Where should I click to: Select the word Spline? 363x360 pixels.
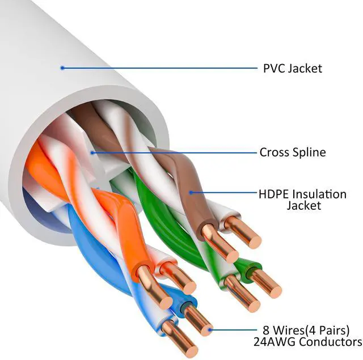(x=309, y=153)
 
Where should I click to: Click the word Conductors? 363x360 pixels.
(x=330, y=342)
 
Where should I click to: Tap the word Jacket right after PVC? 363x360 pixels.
(x=305, y=69)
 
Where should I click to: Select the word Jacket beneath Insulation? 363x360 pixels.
(x=305, y=205)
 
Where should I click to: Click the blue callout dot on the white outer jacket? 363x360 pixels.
(x=62, y=68)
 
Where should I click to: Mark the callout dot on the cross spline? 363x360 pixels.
(x=92, y=152)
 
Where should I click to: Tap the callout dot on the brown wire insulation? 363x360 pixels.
(x=191, y=192)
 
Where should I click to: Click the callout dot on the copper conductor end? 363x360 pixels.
(x=210, y=328)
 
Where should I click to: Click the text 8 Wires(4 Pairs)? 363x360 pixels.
(x=306, y=330)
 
